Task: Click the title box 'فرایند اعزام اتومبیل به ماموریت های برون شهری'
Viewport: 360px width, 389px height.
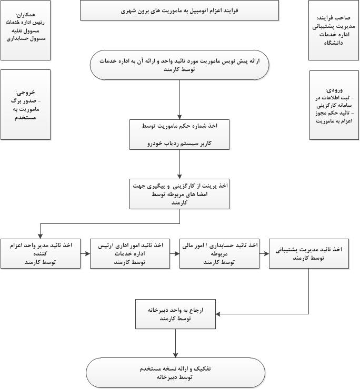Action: (179, 10)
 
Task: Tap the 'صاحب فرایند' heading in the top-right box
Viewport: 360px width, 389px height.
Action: (335, 17)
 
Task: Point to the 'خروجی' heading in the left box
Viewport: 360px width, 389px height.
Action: (25, 92)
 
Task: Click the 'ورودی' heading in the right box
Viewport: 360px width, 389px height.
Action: (334, 90)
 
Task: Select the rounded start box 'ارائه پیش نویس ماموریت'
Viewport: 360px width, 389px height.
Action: (179, 65)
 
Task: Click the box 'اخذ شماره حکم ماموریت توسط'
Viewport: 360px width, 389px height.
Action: (179, 134)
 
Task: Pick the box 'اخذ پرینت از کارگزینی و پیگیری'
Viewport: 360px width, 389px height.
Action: (179, 194)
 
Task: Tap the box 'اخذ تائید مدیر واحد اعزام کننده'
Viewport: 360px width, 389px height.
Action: (41, 253)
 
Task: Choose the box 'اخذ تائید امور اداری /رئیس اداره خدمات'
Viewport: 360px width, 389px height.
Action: (129, 253)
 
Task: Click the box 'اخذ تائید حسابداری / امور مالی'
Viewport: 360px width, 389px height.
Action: (219, 253)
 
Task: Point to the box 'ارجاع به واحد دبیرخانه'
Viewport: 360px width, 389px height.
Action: (176, 314)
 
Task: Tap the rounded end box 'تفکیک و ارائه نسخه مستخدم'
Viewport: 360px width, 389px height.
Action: (176, 372)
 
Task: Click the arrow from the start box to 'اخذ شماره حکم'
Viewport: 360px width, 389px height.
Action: (179, 100)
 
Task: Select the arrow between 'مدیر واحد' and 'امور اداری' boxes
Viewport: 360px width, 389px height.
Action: (85, 253)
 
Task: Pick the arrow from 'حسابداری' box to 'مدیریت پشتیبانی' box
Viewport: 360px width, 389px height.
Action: (264, 253)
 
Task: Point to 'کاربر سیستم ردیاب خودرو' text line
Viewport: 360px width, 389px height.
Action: (179, 143)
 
